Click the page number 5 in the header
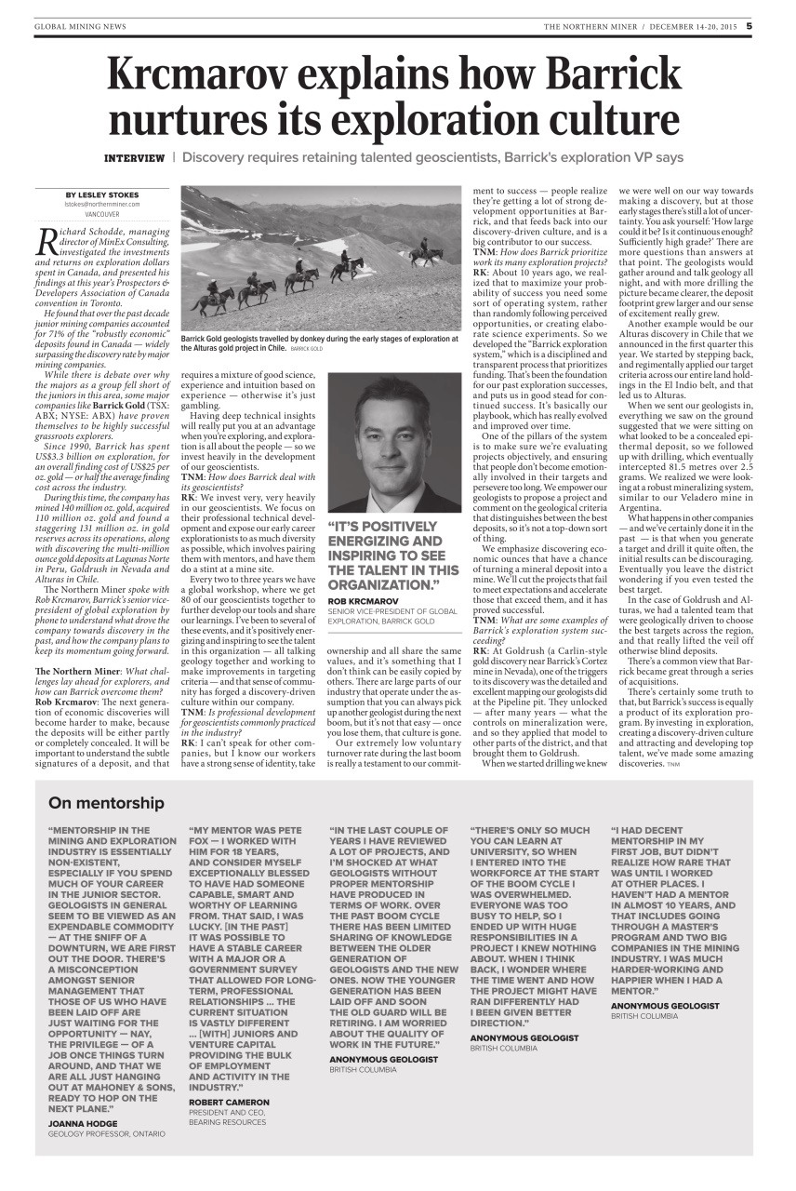pyautogui.click(x=749, y=26)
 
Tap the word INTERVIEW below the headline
pyautogui.click(x=134, y=157)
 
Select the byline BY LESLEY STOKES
pyautogui.click(x=102, y=194)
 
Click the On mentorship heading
pyautogui.click(x=106, y=803)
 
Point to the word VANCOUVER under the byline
pyautogui.click(x=102, y=213)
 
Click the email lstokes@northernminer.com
pyautogui.click(x=102, y=204)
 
